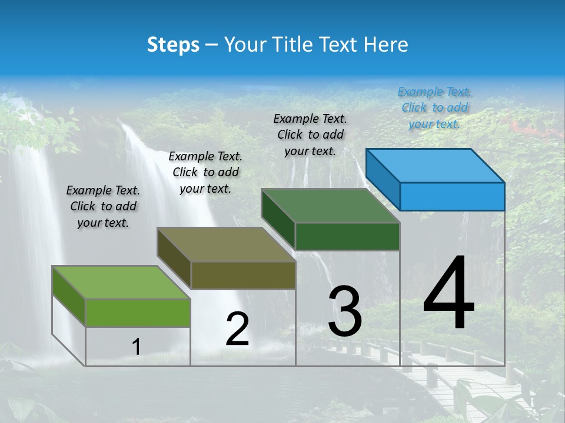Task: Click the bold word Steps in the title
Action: [x=173, y=45]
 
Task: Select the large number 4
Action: [x=448, y=294]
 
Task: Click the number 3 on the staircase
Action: [x=345, y=311]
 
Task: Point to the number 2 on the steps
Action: [x=237, y=329]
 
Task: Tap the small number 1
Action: [x=137, y=347]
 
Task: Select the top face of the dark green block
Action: [x=331, y=206]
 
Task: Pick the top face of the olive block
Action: [x=226, y=244]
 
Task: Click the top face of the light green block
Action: [x=121, y=283]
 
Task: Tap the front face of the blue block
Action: [x=452, y=196]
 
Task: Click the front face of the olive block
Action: [x=243, y=275]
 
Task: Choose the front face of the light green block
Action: [x=138, y=313]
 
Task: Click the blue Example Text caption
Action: [x=434, y=108]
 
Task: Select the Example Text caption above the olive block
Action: [x=205, y=172]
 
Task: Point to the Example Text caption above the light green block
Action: [x=103, y=206]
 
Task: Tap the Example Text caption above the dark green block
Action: [x=310, y=135]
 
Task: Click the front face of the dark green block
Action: [x=347, y=236]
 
